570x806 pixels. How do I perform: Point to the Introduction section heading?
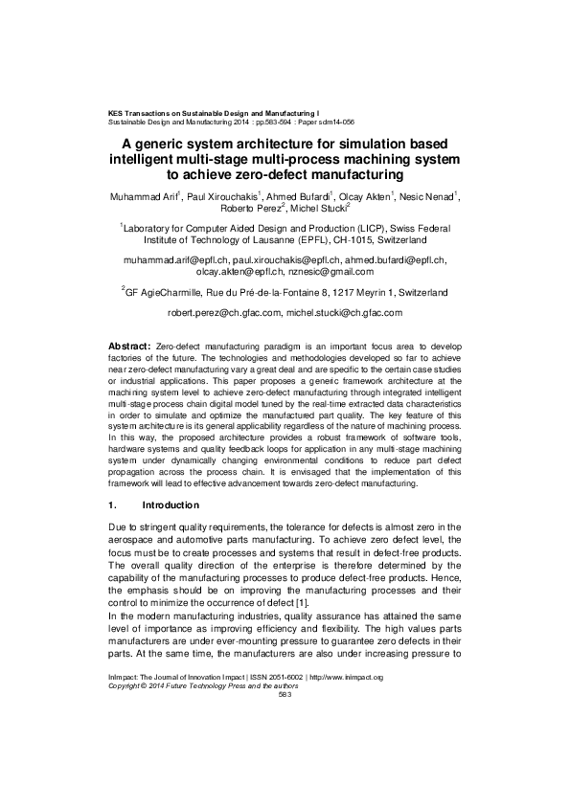point(170,504)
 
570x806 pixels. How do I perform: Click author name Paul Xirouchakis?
point(221,196)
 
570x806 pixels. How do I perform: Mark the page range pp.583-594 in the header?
point(256,123)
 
